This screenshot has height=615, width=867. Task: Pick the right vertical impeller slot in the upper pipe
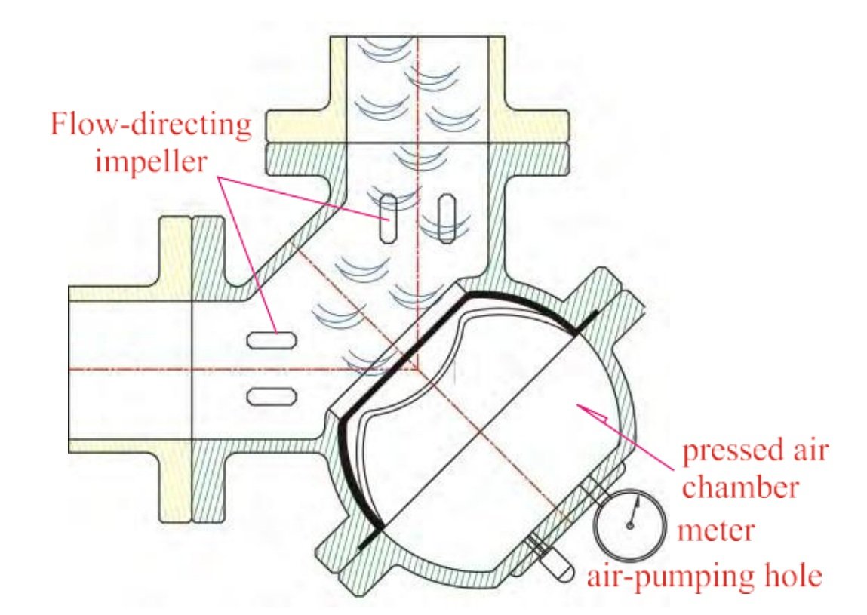[x=447, y=218]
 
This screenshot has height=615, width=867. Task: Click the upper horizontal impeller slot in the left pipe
[x=271, y=340]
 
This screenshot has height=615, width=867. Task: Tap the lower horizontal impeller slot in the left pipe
[x=271, y=395]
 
